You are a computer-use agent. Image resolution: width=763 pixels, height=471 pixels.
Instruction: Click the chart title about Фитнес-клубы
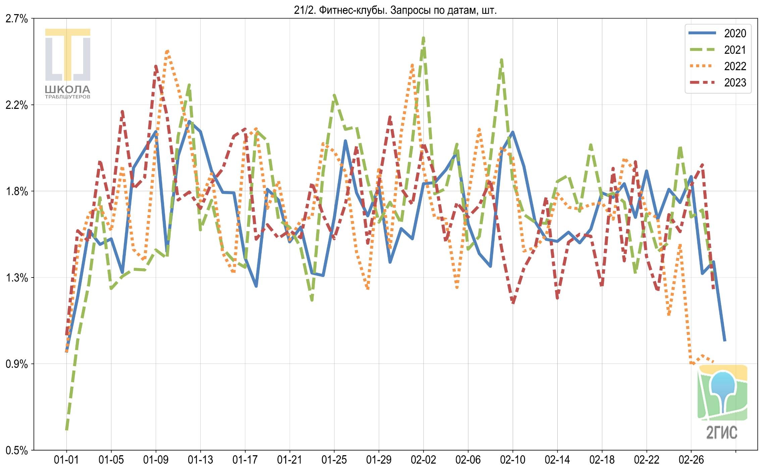click(x=395, y=10)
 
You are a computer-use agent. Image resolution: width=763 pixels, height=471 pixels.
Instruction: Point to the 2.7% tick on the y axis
click(x=17, y=19)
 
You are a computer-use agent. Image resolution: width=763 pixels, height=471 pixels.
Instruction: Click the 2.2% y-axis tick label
click(x=17, y=105)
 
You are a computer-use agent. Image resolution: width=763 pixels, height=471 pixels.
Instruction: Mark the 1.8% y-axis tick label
click(x=17, y=191)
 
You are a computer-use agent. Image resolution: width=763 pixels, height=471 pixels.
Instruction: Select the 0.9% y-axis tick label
click(x=17, y=364)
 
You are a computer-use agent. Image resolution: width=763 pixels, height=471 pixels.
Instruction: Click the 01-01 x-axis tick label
click(x=66, y=460)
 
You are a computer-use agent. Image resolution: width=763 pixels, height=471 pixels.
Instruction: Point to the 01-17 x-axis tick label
click(x=245, y=460)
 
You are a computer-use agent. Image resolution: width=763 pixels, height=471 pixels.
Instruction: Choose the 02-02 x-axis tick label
click(x=423, y=460)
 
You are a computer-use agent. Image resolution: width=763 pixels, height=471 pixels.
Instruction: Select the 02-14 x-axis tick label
click(x=557, y=460)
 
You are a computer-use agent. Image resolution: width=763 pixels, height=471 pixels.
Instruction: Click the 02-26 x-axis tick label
click(x=691, y=460)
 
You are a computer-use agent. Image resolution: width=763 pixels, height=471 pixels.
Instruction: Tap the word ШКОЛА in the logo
click(x=68, y=89)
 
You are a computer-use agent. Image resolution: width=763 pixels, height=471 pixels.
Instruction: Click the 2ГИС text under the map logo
click(x=722, y=432)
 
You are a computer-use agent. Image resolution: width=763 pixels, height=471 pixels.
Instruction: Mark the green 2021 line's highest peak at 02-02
click(x=423, y=38)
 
